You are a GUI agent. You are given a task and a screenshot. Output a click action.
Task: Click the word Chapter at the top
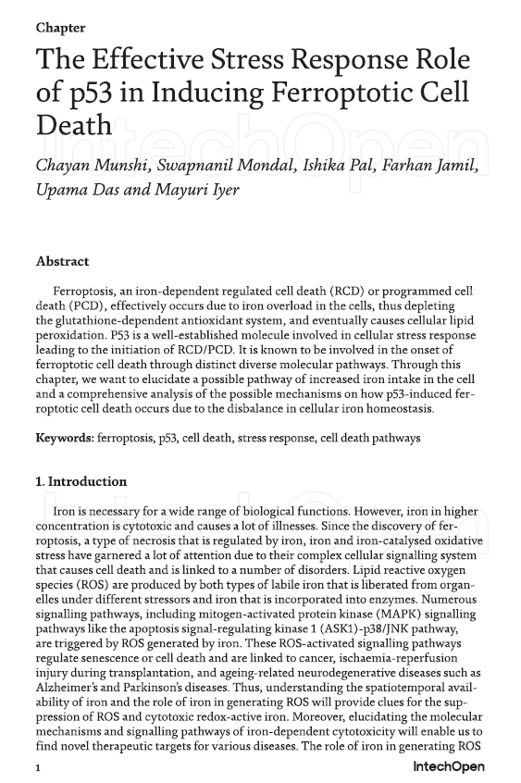tap(60, 28)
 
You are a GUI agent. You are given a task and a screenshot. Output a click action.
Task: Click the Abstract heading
tap(62, 262)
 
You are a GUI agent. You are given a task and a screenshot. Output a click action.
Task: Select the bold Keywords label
tap(65, 438)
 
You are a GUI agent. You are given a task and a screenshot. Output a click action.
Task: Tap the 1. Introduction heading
tap(81, 482)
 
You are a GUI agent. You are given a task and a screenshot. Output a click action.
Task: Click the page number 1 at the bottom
tap(38, 767)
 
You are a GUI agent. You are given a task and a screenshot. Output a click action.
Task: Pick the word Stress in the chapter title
tap(254, 60)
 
